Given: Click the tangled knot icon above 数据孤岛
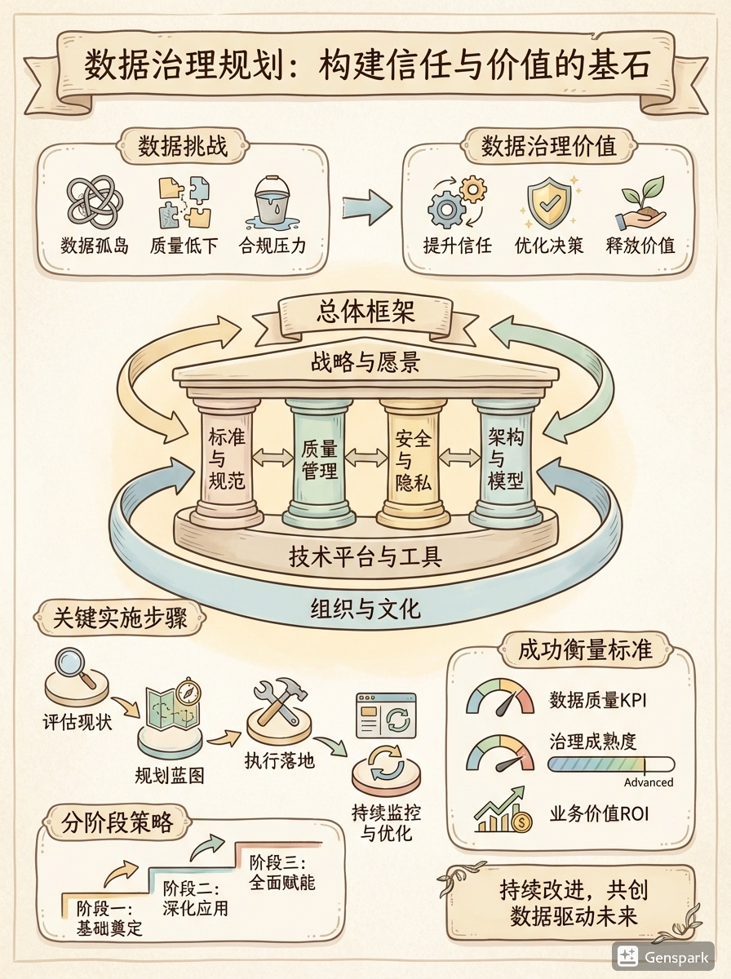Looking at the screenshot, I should point(95,200).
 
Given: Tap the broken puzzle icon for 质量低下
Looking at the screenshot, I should point(184,200).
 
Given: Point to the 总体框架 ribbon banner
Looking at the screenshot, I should point(364,313).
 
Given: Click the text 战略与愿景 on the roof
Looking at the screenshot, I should point(365,361).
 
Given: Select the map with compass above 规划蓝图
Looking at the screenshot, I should point(172,711).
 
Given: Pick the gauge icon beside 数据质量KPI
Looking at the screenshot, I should point(499,699).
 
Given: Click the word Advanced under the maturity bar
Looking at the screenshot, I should point(649,782).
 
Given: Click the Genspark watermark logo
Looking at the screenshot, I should point(662,956).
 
